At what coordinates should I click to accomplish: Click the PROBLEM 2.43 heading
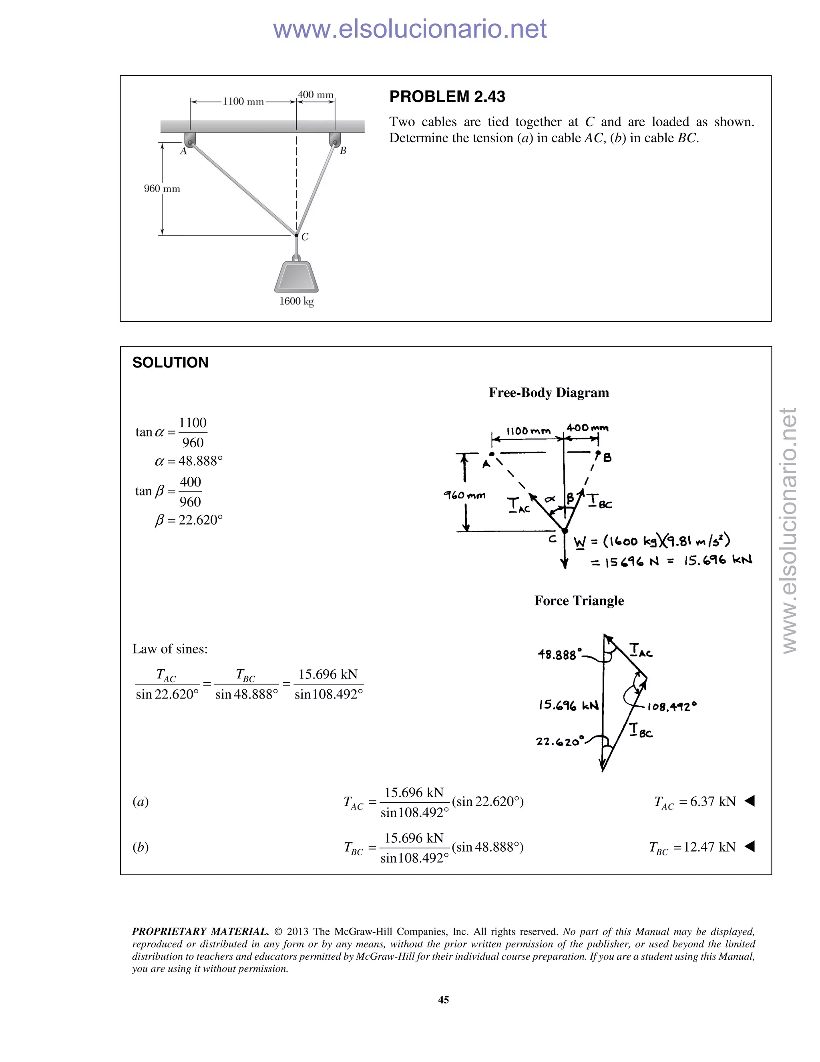click(x=447, y=97)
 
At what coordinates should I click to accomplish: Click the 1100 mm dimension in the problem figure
click(x=243, y=102)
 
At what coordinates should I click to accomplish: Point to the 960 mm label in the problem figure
click(x=162, y=189)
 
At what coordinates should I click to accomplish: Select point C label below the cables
click(x=305, y=237)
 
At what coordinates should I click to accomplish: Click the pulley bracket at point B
click(x=335, y=139)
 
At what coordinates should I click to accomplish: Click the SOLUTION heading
click(x=170, y=363)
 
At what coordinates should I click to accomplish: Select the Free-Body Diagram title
click(x=549, y=392)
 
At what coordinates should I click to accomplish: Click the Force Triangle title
click(x=579, y=601)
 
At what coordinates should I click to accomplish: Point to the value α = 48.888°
click(x=189, y=461)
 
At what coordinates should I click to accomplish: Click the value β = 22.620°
click(x=189, y=520)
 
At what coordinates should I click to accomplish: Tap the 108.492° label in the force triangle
click(x=672, y=707)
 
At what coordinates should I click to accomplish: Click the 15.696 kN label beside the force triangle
click(x=569, y=705)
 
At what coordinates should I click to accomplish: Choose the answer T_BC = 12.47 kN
click(x=692, y=848)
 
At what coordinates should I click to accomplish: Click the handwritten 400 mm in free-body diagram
click(x=587, y=428)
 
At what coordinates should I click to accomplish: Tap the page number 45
click(x=444, y=1000)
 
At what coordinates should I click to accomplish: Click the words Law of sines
click(x=170, y=649)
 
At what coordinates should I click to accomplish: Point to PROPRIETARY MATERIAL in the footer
click(x=200, y=932)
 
